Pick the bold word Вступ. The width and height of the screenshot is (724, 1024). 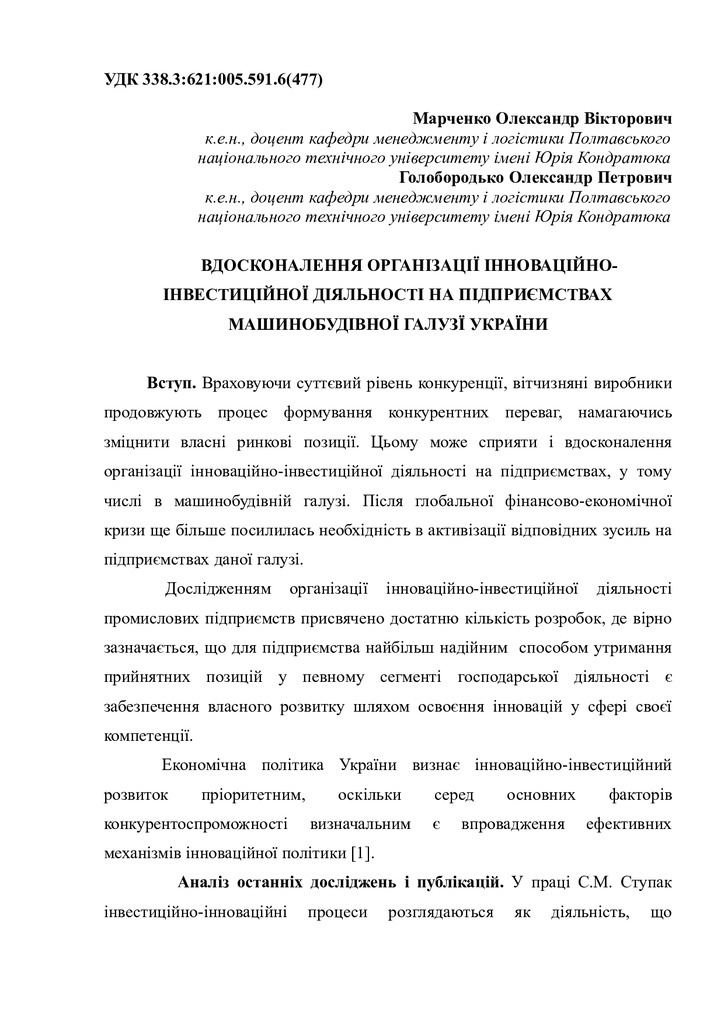[x=171, y=384]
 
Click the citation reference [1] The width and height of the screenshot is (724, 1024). [x=363, y=853]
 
